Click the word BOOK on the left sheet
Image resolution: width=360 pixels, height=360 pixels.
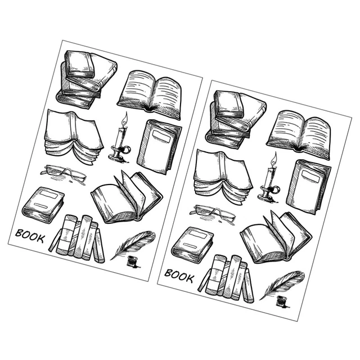pyautogui.click(x=30, y=236)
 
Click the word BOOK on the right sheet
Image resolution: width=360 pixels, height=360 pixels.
pyautogui.click(x=179, y=276)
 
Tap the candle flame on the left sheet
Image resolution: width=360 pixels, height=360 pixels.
pyautogui.click(x=125, y=119)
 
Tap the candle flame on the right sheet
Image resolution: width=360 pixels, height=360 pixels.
pyautogui.click(x=274, y=159)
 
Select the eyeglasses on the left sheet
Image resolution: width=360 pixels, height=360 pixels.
pyautogui.click(x=64, y=174)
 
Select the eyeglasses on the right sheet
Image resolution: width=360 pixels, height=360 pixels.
pyautogui.click(x=213, y=214)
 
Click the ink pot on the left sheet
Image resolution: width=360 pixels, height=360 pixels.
pyautogui.click(x=133, y=262)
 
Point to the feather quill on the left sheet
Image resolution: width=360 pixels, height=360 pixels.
pyautogui.click(x=133, y=245)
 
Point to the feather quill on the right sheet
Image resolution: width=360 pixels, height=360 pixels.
pyautogui.click(x=282, y=285)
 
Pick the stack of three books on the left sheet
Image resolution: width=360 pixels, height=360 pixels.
pyautogui.click(x=87, y=79)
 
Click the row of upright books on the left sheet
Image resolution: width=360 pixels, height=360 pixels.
pyautogui.click(x=77, y=238)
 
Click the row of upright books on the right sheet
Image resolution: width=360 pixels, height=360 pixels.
pyautogui.click(x=226, y=279)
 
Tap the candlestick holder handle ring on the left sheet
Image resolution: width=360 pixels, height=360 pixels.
pyautogui.click(x=127, y=150)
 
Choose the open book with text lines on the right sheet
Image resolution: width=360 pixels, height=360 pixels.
pyautogui.click(x=299, y=136)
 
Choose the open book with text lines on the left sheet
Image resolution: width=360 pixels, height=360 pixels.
pyautogui.click(x=150, y=95)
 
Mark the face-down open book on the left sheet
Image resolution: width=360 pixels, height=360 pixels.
pyautogui.click(x=74, y=137)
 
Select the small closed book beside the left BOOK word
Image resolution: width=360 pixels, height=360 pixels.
pyautogui.click(x=43, y=205)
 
